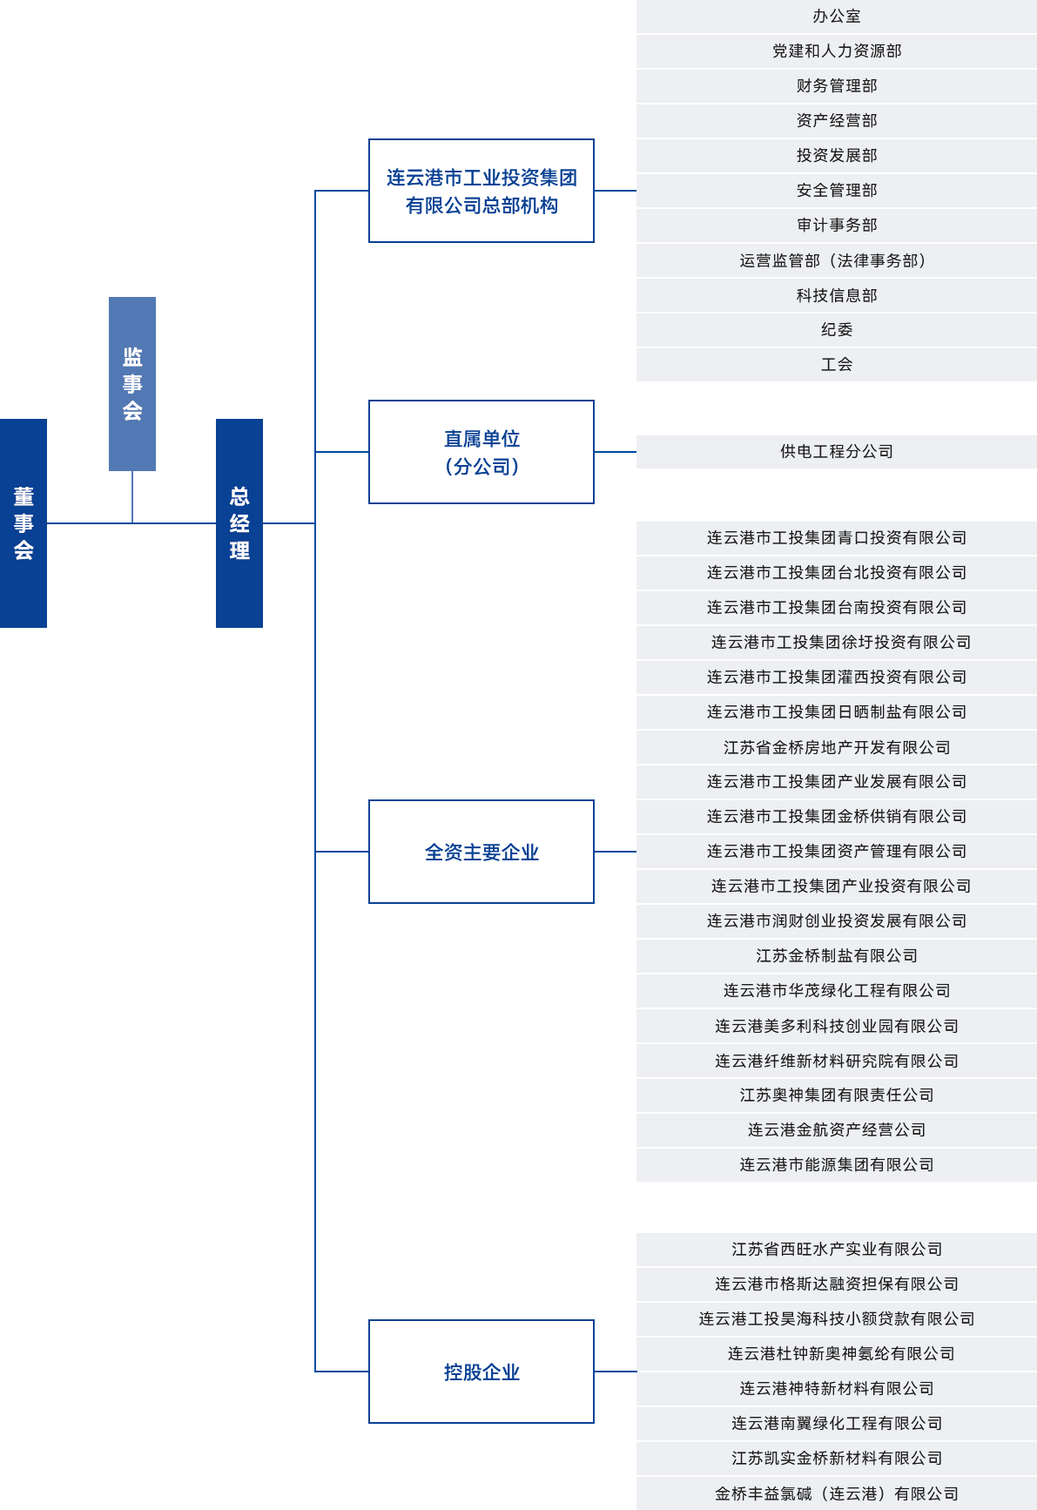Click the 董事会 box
click(24, 523)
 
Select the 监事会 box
click(132, 384)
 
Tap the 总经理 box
click(239, 523)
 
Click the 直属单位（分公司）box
click(481, 452)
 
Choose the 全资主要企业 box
click(481, 852)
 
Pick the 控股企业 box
click(481, 1372)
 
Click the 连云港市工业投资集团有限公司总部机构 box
click(481, 191)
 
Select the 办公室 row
click(837, 17)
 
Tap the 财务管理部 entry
click(837, 86)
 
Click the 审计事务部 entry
click(837, 226)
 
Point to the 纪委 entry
click(837, 330)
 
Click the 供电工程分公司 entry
click(837, 452)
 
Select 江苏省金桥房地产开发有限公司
click(837, 747)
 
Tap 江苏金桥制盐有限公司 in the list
click(837, 956)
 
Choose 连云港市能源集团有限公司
click(837, 1165)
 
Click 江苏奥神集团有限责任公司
click(837, 1095)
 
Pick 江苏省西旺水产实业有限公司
click(837, 1250)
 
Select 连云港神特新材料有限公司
click(837, 1389)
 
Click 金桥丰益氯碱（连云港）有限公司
click(837, 1493)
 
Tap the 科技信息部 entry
click(837, 295)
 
